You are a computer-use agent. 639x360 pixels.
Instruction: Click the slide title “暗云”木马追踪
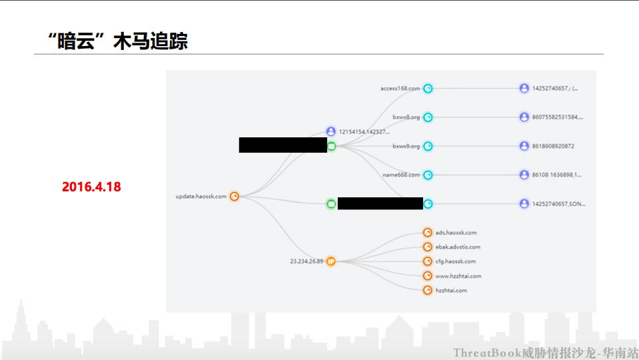tap(119, 41)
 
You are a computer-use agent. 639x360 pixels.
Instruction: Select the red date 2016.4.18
tap(91, 187)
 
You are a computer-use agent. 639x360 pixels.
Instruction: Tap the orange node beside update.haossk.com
tap(234, 197)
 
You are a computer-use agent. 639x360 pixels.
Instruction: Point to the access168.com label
tap(400, 89)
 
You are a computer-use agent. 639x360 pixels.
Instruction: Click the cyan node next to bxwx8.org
tap(428, 117)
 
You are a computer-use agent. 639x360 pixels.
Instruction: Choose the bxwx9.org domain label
tap(406, 146)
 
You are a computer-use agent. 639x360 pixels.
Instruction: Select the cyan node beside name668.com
tap(428, 175)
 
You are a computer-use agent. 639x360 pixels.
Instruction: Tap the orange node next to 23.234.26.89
tap(331, 261)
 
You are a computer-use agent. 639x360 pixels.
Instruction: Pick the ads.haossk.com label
tap(456, 233)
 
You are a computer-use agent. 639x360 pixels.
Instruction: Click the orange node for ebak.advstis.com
tap(428, 247)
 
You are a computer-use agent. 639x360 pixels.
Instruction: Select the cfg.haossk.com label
tap(456, 261)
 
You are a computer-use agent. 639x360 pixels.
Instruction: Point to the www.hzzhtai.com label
tap(458, 276)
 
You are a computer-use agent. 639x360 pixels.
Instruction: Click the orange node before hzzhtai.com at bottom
tap(428, 290)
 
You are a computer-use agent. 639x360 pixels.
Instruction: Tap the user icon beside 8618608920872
tap(524, 146)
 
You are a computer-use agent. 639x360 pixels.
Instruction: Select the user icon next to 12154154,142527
tap(331, 131)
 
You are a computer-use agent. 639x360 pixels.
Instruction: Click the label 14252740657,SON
tap(559, 204)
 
